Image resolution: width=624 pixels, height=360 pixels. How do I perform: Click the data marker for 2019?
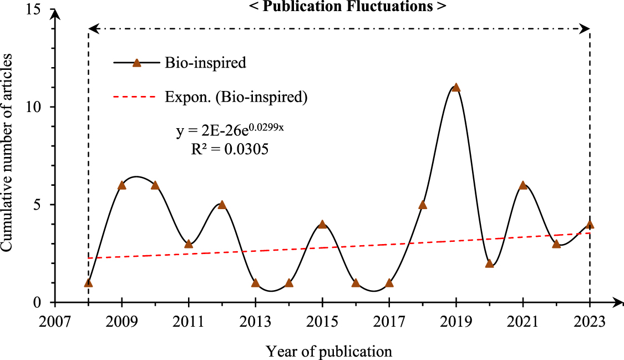tap(456, 88)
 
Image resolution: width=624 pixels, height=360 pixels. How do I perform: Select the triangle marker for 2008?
tap(88, 283)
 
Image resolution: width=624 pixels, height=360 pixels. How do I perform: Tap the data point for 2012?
tap(222, 205)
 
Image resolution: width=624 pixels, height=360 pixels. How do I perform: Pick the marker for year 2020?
tap(489, 263)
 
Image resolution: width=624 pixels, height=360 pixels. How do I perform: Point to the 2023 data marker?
tap(590, 224)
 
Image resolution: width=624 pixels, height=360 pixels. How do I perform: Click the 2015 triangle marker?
tap(322, 224)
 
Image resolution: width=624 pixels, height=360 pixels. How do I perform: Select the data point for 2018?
tap(423, 205)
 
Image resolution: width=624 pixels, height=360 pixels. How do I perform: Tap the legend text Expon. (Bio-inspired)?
tap(236, 97)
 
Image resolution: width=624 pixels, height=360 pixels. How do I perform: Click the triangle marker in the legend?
tap(136, 63)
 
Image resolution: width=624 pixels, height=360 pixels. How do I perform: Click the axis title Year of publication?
tap(328, 351)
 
